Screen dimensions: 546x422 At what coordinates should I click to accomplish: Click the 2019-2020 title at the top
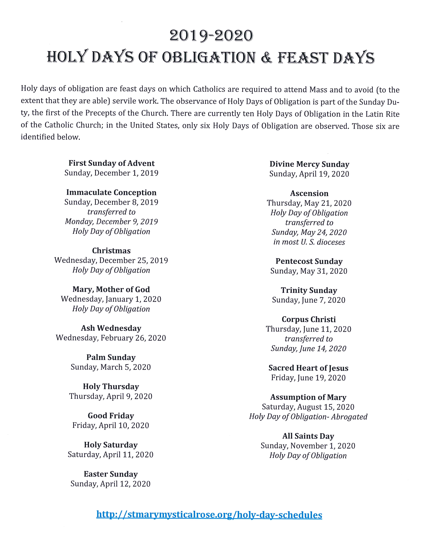(x=211, y=36)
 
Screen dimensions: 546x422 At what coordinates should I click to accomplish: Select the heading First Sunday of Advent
(x=112, y=163)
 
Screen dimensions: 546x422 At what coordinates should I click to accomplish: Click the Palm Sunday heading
(x=111, y=357)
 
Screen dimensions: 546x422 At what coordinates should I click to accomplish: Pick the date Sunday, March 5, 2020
(x=111, y=367)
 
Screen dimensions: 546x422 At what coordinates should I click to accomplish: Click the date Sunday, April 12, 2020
(x=110, y=484)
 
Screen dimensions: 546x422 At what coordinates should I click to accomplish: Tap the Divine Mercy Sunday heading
(x=309, y=164)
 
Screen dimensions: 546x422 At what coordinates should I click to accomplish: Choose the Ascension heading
(x=309, y=193)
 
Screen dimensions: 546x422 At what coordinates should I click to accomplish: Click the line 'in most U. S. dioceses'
(x=309, y=242)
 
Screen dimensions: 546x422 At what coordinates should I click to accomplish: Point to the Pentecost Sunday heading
(x=309, y=261)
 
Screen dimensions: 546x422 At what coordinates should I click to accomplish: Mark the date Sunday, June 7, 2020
(x=309, y=300)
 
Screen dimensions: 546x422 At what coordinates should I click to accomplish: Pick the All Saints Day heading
(x=308, y=436)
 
